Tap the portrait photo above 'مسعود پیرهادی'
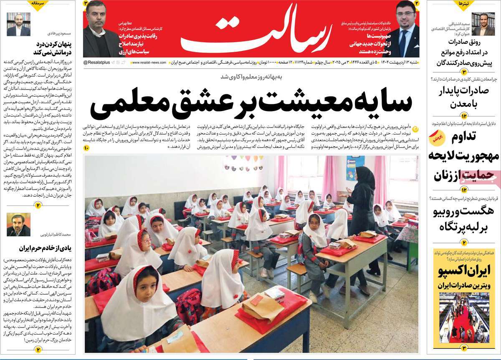coord(18,25)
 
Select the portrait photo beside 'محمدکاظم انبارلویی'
coord(18,225)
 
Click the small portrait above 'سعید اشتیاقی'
coord(486,24)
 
